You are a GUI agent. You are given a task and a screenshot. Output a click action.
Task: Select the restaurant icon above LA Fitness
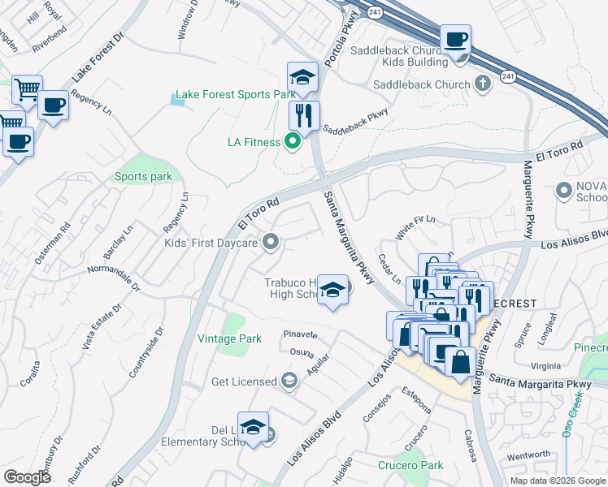[304, 115]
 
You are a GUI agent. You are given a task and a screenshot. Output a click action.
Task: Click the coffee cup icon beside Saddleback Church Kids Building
[456, 39]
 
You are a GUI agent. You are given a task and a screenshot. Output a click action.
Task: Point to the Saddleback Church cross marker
[483, 84]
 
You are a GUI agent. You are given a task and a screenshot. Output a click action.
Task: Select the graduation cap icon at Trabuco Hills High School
[332, 290]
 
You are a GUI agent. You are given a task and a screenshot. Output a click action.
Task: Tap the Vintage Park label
[229, 338]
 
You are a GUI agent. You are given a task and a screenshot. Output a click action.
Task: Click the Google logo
[27, 476]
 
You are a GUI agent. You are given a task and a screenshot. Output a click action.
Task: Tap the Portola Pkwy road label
[332, 45]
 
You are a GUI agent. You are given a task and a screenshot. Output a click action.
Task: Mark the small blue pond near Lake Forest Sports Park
[183, 99]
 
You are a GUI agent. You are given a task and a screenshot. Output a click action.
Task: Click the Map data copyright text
[557, 481]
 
